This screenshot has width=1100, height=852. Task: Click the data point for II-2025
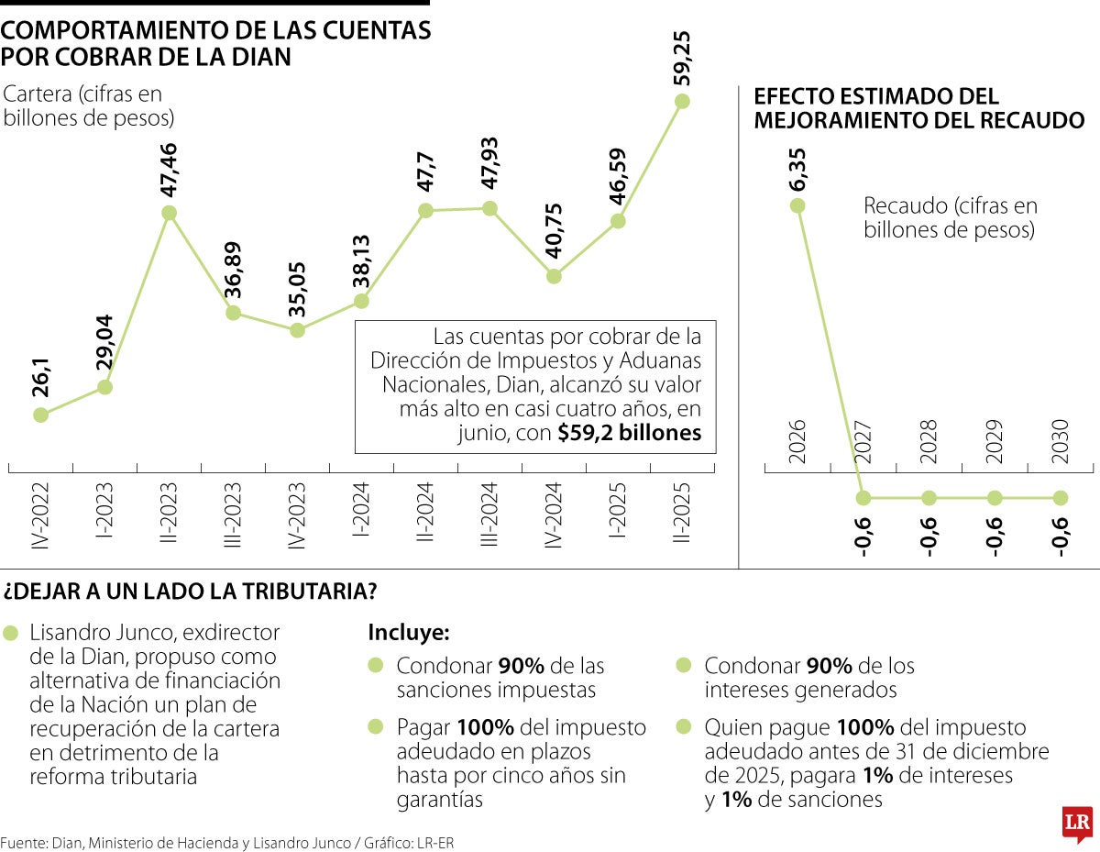[681, 101]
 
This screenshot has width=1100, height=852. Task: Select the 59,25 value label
[682, 57]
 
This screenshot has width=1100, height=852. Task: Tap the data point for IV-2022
[40, 415]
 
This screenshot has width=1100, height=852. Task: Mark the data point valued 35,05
[297, 330]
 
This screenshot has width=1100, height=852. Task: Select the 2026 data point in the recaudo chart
[797, 205]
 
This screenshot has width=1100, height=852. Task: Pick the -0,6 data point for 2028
[929, 498]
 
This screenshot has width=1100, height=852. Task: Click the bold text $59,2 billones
[629, 434]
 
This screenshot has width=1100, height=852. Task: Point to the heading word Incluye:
[409, 633]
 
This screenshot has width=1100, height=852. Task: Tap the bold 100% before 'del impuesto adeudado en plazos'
[486, 727]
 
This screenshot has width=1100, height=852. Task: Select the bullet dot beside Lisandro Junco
[11, 634]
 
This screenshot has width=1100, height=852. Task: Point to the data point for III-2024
[489, 208]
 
